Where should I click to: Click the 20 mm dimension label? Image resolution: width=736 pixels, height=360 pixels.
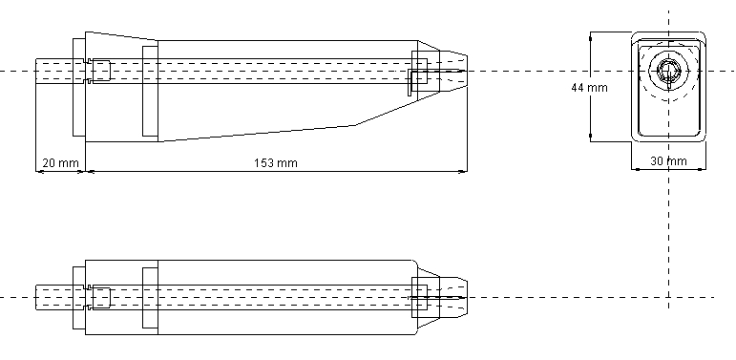tap(60, 163)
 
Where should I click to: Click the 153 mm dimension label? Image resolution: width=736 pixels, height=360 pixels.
tap(276, 163)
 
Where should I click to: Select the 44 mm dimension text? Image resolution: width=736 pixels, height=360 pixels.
tap(589, 87)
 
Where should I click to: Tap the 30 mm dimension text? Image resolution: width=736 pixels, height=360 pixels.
tap(668, 161)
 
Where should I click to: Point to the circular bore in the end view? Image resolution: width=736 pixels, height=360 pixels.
tap(668, 72)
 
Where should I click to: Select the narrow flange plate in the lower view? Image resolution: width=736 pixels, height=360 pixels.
tap(78, 298)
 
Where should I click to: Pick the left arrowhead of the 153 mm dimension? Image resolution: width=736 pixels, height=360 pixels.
tap(91, 172)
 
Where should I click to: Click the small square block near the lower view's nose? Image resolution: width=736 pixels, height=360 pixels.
tap(419, 298)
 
